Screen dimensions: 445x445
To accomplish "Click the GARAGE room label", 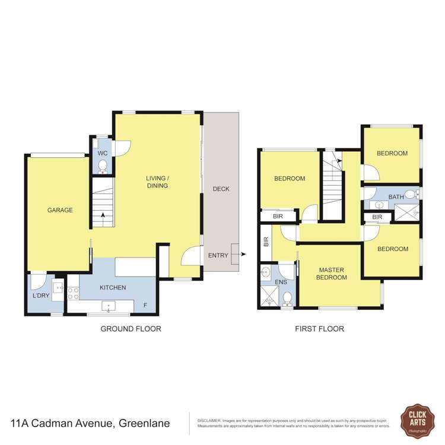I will (60, 209).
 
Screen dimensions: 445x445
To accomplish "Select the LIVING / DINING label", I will (158, 182).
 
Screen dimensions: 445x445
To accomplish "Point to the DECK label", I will (221, 189).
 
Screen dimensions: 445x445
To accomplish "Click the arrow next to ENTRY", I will (243, 255).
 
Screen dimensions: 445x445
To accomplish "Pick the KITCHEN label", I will (113, 288).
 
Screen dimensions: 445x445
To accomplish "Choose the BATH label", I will (396, 196).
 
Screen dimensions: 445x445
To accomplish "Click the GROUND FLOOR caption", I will (131, 329).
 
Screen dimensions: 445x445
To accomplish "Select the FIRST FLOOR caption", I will (320, 329).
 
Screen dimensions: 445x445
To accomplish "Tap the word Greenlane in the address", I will (144, 424).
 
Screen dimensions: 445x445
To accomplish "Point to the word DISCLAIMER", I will (209, 419).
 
